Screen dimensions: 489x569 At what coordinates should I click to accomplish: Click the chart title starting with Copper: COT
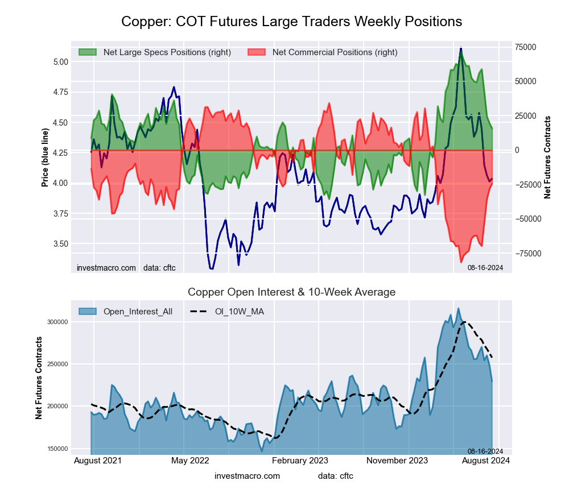(x=291, y=22)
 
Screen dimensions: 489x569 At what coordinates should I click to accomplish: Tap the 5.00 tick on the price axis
(x=60, y=61)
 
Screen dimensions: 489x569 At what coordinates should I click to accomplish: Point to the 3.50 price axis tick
(x=60, y=244)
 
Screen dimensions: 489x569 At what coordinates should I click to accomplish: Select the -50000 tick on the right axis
(x=527, y=219)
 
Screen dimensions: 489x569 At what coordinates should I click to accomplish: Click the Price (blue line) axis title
(x=45, y=158)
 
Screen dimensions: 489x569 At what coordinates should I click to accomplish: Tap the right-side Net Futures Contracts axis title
(x=548, y=157)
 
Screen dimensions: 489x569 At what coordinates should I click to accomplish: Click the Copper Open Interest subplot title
(x=291, y=292)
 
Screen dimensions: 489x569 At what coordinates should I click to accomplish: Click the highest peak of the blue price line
(x=461, y=48)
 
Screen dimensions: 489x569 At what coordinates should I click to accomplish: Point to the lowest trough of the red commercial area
(x=461, y=262)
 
